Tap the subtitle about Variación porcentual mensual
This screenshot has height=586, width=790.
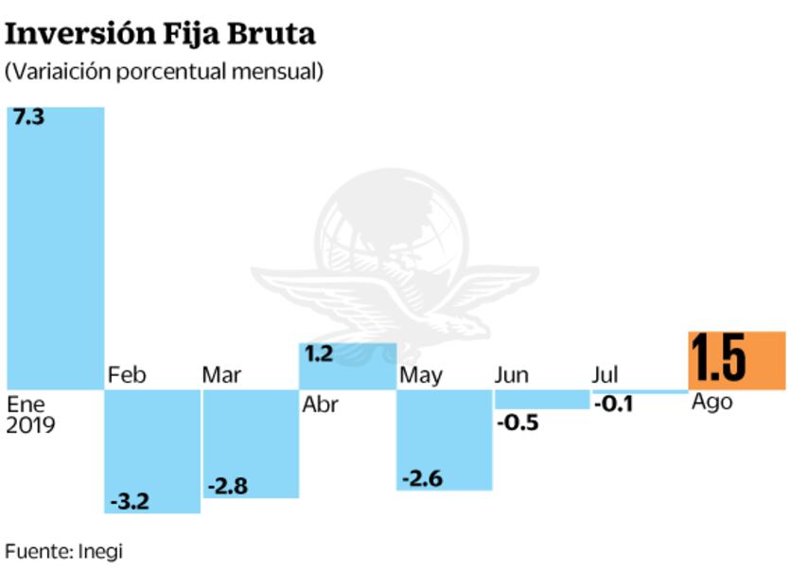pos(164,72)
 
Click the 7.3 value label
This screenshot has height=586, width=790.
pos(26,121)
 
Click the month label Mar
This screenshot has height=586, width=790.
pos(221,375)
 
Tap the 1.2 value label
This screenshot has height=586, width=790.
pos(320,355)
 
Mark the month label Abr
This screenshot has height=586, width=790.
pos(320,406)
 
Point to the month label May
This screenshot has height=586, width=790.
pos(421,376)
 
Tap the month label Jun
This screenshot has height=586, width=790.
pos(512,375)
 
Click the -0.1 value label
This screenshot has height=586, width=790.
pos(614,405)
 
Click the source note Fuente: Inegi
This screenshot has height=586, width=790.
pos(64,551)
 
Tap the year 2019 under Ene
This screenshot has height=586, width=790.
pos(30,424)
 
